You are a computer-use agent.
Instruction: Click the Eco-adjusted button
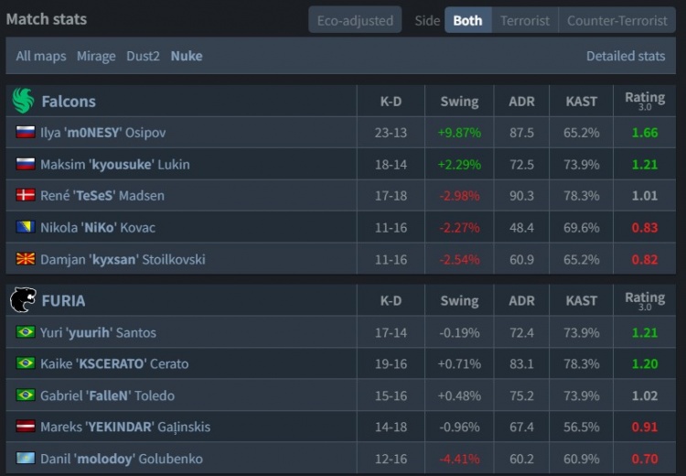click(x=355, y=20)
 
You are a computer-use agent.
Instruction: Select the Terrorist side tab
click(x=525, y=20)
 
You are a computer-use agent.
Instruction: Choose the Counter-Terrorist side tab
click(x=617, y=20)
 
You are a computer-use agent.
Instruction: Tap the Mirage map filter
click(x=96, y=56)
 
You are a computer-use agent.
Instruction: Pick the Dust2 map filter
click(x=143, y=56)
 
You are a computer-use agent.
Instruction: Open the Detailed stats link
click(x=626, y=56)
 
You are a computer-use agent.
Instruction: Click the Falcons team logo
click(x=23, y=101)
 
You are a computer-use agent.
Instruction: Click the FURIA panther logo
click(x=23, y=300)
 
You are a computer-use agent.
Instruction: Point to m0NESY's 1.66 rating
click(x=644, y=133)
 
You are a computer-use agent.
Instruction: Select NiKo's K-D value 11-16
click(x=391, y=227)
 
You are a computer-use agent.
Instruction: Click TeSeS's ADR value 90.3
click(x=521, y=196)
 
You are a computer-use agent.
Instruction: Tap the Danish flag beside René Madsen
click(x=26, y=196)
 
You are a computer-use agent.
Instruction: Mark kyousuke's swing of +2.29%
click(x=458, y=164)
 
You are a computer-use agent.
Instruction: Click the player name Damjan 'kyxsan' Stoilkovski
click(x=123, y=259)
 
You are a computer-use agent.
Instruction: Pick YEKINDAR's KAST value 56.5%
click(x=582, y=427)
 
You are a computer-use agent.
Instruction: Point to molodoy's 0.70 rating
click(x=644, y=459)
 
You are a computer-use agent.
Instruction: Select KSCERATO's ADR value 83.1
click(x=521, y=363)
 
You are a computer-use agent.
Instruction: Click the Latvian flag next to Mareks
click(x=26, y=427)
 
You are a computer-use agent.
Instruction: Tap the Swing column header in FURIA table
click(x=458, y=300)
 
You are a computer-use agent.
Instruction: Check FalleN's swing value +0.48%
click(x=458, y=395)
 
